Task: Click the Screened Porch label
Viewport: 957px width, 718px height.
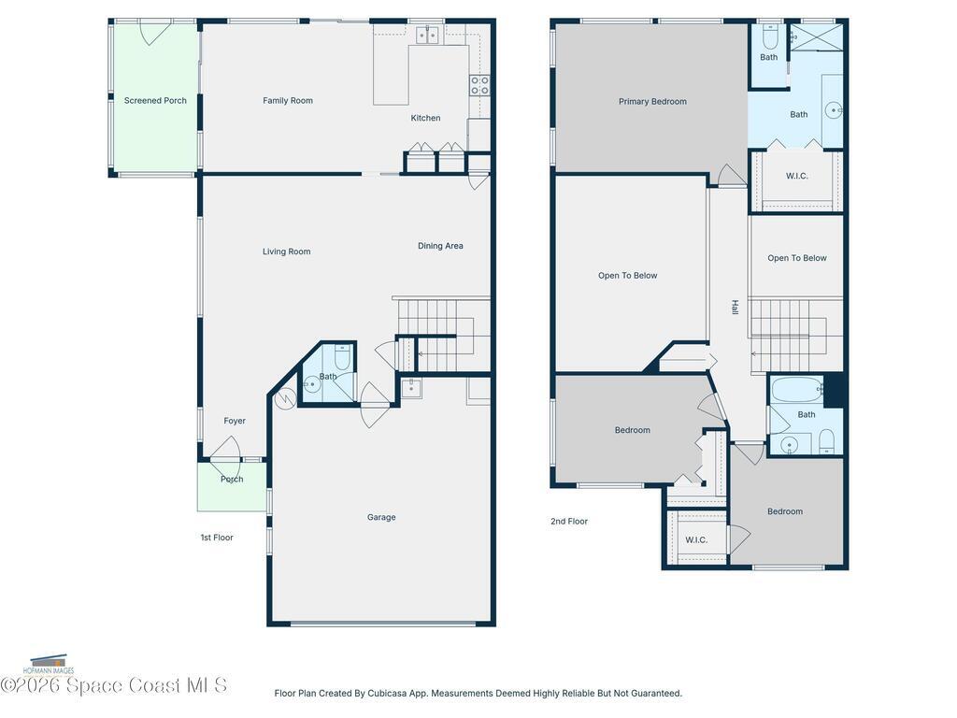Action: coord(155,101)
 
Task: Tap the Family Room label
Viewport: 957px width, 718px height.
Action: coord(288,101)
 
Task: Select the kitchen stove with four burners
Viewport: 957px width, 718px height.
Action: coord(479,85)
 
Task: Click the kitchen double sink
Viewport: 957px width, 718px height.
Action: coord(427,36)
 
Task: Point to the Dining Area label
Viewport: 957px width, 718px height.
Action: coord(440,246)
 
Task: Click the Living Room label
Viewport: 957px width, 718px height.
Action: coord(286,251)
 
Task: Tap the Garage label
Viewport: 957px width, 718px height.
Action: coord(381,517)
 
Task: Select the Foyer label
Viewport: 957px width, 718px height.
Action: coord(235,421)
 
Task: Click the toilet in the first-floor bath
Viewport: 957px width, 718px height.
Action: coord(342,358)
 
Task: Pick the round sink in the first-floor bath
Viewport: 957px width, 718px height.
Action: coord(312,384)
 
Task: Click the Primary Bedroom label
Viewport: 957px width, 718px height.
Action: coord(652,101)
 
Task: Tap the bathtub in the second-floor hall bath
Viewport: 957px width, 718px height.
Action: coord(797,389)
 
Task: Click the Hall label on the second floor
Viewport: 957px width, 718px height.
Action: coord(736,307)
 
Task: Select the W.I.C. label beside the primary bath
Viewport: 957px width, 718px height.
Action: coord(796,176)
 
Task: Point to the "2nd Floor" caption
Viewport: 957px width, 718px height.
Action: coord(569,522)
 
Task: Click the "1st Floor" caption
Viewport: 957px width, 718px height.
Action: coord(217,538)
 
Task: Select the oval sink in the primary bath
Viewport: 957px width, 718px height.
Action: coord(834,110)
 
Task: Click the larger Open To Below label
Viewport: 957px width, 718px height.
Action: coord(627,276)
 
